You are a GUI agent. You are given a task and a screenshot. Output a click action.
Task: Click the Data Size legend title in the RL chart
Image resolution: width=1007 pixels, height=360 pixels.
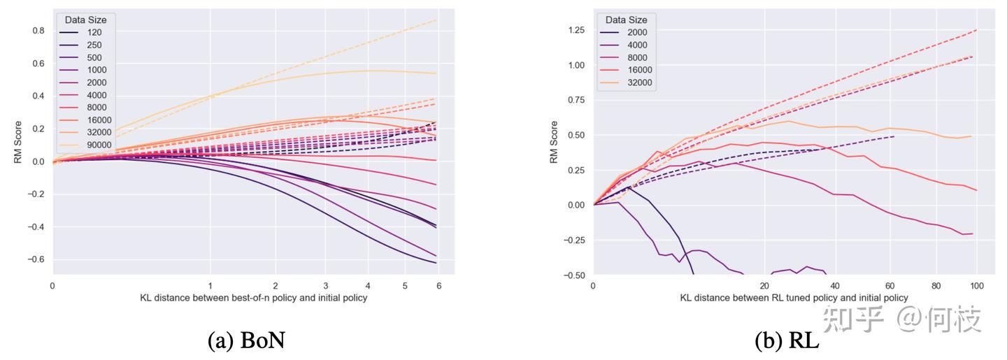pyautogui.click(x=627, y=20)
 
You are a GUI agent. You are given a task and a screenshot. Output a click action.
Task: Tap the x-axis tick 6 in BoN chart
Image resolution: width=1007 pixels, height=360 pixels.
pyautogui.click(x=438, y=286)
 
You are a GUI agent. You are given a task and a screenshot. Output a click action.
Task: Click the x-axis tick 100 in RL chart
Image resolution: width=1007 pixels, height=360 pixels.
pyautogui.click(x=977, y=286)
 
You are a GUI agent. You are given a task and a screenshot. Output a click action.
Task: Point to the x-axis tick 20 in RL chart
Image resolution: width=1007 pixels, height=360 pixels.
pyautogui.click(x=764, y=286)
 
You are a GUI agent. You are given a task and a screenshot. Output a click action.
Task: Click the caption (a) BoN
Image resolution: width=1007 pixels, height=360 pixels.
pyautogui.click(x=247, y=340)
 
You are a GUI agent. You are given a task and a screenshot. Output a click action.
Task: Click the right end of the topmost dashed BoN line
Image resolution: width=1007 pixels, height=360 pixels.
pyautogui.click(x=436, y=20)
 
